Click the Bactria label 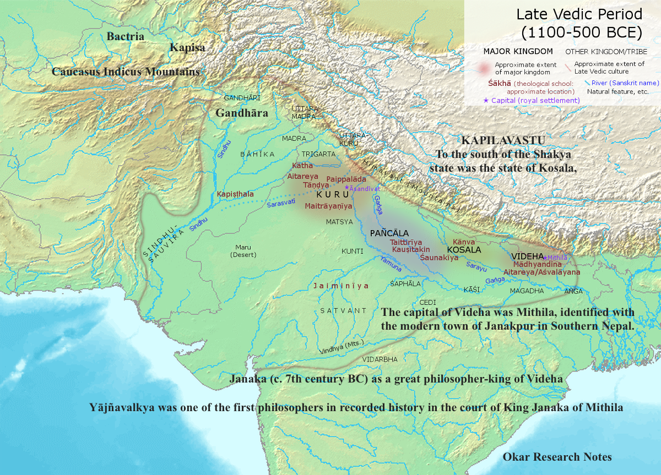125,37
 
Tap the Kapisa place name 187,48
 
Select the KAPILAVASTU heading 503,140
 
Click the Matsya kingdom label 339,222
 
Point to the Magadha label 528,290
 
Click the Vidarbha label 380,359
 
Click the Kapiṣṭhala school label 235,194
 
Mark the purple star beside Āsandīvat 346,188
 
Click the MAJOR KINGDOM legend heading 518,51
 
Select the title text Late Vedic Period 579,14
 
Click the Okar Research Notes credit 557,457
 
